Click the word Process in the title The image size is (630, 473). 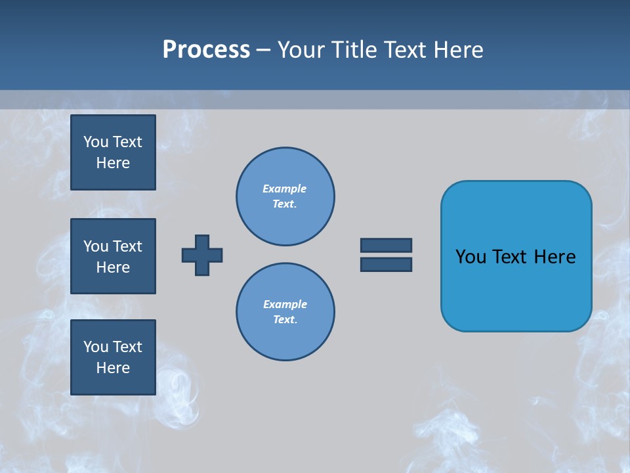point(206,50)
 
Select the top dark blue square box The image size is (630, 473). point(113,152)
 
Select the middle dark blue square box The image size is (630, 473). point(113,256)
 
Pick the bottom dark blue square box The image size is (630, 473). point(113,357)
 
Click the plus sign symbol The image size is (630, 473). point(202,255)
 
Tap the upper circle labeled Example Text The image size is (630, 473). point(285,196)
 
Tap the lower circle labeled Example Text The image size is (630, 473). point(285,312)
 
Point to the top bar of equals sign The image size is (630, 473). point(386,245)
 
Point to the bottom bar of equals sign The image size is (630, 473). point(386,264)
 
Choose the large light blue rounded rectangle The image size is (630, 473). point(516,256)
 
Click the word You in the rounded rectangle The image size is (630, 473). point(471,257)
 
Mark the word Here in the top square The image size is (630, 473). point(113,163)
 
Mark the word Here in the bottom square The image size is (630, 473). point(113,368)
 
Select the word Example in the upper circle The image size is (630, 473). point(284,189)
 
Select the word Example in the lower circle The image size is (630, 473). point(285,304)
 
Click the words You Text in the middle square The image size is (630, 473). point(113,246)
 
